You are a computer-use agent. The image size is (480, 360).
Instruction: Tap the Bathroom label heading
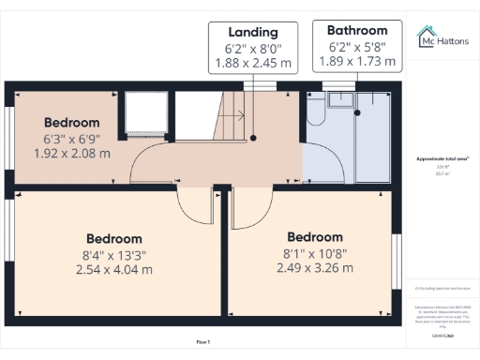(x=350, y=30)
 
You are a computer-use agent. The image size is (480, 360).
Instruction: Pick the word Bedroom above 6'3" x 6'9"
(x=72, y=123)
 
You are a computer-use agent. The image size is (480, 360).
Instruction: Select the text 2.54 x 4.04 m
(x=114, y=269)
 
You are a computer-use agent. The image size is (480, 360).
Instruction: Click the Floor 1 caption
(x=203, y=341)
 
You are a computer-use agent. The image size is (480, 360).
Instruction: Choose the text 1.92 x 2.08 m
(x=72, y=153)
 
